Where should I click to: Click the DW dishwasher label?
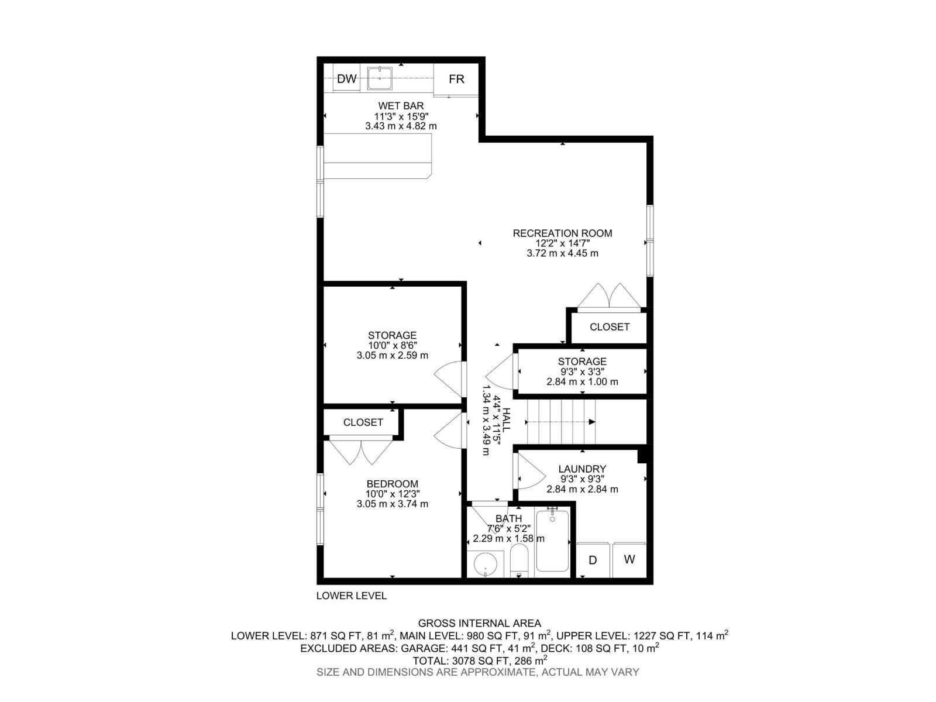347,79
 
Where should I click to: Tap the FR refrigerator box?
456,79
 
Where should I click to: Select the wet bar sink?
380,78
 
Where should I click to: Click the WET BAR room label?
401,106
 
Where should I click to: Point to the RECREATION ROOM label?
562,233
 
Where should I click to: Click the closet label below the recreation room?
609,327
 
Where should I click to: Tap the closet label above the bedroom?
363,422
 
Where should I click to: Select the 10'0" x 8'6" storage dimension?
392,345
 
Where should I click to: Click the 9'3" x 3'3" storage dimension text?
581,371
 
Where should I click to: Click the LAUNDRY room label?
581,469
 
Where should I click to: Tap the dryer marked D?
593,560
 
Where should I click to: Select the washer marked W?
629,559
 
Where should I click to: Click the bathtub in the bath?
552,541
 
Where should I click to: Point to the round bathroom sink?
486,565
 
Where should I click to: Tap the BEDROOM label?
392,484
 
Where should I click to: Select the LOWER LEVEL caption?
351,596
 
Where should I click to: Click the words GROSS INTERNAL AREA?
479,623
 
